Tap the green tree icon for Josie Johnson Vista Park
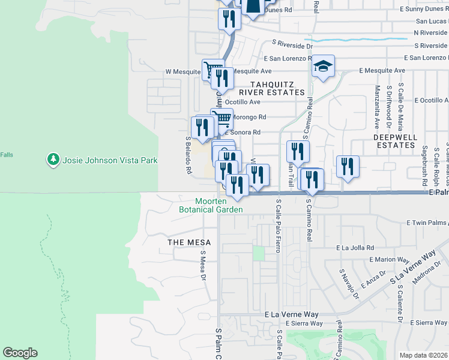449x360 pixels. [53, 160]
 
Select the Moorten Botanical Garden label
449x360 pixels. [211, 205]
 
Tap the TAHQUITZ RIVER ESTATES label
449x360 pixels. [272, 88]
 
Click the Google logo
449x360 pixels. [20, 353]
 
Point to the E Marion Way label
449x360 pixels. [389, 260]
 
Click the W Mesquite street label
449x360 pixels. [183, 71]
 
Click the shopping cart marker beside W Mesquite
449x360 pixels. [212, 71]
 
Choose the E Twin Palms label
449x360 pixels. [427, 223]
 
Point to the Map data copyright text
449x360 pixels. [424, 355]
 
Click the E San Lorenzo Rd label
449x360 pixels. [426, 58]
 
